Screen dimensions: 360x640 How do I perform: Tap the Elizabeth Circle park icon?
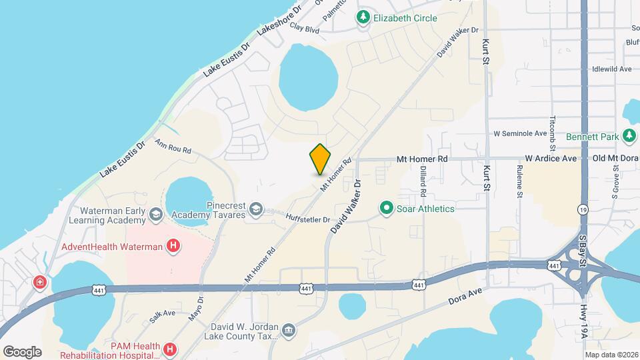click(363, 18)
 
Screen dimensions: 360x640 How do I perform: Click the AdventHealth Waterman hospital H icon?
click(173, 247)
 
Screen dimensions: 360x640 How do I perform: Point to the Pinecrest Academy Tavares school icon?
click(255, 210)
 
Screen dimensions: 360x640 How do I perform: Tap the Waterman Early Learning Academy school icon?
click(156, 214)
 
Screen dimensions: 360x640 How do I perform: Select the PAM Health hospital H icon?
click(170, 349)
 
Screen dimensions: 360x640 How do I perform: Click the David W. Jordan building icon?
click(288, 330)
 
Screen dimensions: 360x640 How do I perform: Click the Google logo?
click(22, 351)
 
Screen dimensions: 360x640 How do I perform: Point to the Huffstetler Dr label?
click(308, 219)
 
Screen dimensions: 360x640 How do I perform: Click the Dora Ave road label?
click(464, 291)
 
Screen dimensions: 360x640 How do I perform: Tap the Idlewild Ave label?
click(611, 69)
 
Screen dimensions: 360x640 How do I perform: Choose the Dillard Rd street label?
click(423, 181)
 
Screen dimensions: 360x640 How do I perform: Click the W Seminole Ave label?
click(520, 133)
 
